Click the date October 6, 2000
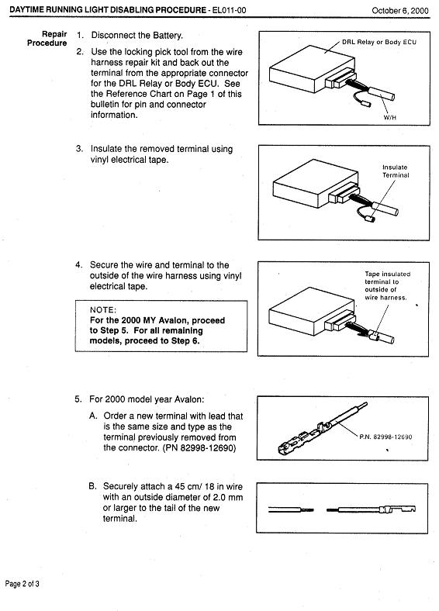click(400, 11)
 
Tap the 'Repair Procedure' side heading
click(47, 39)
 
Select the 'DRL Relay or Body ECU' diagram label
click(379, 42)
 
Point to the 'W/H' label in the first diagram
click(390, 117)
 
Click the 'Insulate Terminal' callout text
click(396, 171)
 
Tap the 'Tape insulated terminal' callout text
click(388, 285)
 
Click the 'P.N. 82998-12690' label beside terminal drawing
click(385, 437)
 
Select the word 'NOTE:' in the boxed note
click(103, 310)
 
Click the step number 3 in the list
click(79, 149)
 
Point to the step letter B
click(92, 486)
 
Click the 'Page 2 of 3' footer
click(22, 584)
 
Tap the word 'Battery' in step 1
click(168, 36)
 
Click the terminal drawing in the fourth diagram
click(323, 429)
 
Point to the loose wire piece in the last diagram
click(291, 509)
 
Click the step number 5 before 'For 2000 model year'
click(78, 399)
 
